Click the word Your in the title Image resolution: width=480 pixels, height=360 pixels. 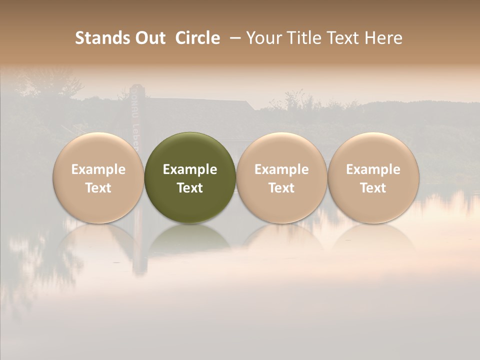[263, 38]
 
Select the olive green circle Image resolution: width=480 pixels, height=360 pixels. [190, 177]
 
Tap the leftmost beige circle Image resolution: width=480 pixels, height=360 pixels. [98, 177]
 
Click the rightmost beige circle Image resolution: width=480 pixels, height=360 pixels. [373, 177]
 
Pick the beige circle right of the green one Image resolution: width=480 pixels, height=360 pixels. [281, 177]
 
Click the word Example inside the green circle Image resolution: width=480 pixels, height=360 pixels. [190, 169]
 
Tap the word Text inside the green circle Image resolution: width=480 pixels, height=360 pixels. [190, 188]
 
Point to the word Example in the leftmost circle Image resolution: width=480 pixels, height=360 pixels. [98, 169]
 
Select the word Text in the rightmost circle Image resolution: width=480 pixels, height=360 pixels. [373, 188]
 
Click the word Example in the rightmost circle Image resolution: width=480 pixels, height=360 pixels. [373, 169]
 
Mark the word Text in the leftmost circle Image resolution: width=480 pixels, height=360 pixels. [98, 188]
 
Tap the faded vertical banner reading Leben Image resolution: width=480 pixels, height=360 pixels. [135, 130]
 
